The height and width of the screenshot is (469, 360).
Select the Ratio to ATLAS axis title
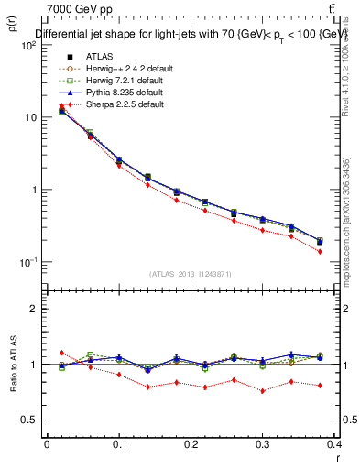coord(12,365)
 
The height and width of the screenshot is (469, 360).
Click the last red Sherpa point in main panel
coord(320,251)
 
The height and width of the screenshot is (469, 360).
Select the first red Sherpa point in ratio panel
coord(61,353)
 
